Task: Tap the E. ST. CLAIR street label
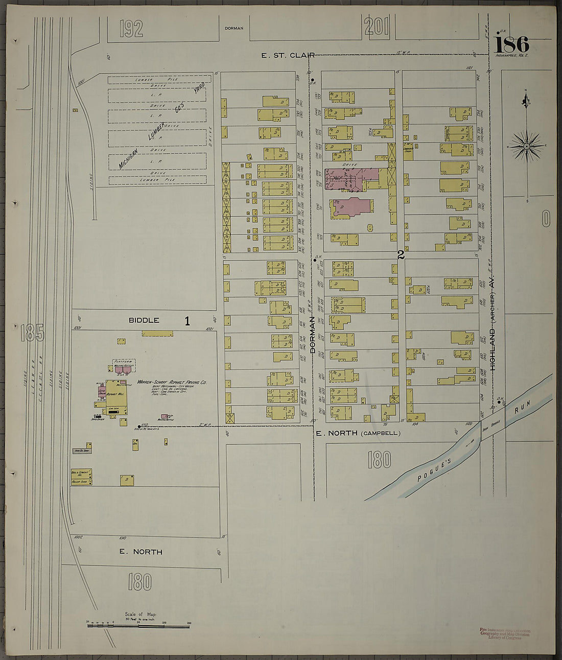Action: [x=288, y=55]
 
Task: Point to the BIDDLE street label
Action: [x=144, y=320]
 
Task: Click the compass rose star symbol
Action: [x=526, y=146]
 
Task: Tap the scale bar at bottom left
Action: [x=138, y=625]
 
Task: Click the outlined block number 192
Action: [x=131, y=29]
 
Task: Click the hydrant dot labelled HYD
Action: [x=139, y=426]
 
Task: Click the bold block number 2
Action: [x=401, y=255]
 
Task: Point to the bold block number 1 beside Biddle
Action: [x=187, y=321]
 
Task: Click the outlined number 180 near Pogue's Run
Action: [x=379, y=460]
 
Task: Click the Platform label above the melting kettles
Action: [x=124, y=361]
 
